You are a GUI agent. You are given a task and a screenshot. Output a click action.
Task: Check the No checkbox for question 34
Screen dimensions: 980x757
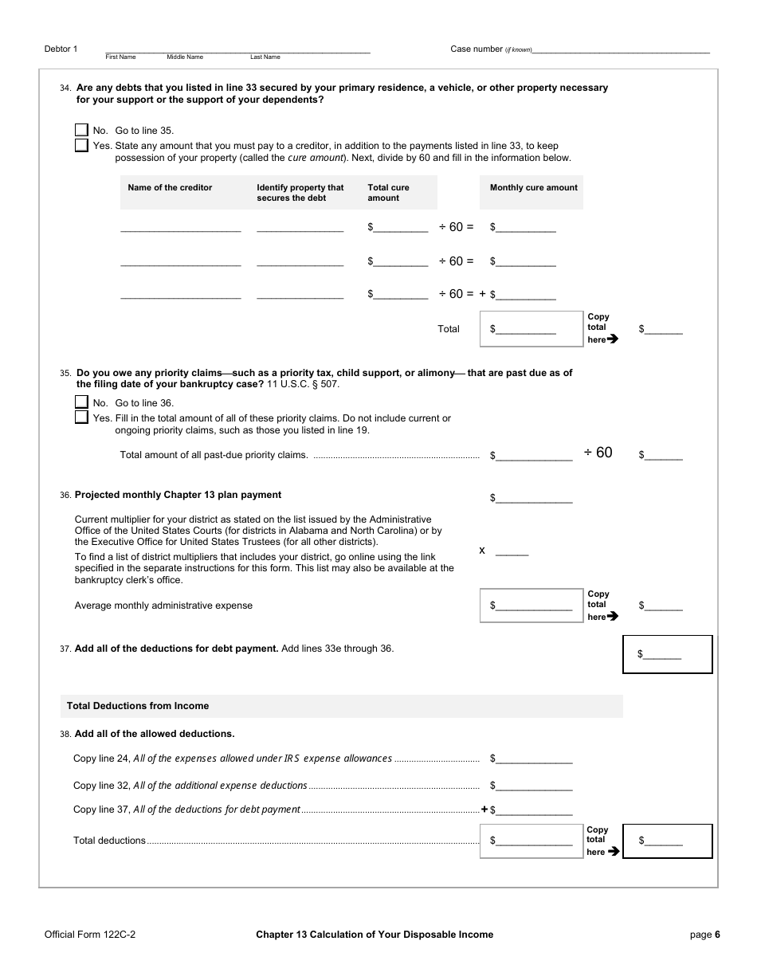click(81, 130)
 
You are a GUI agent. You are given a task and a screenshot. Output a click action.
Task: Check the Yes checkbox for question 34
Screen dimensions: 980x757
click(81, 146)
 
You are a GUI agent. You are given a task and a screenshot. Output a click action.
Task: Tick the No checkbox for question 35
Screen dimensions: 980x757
click(81, 402)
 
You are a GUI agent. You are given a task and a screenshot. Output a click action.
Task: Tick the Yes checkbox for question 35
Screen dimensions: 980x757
click(81, 417)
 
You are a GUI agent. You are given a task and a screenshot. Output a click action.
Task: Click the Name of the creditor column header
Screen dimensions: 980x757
click(170, 188)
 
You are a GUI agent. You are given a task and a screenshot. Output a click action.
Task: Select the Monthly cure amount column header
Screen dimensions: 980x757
click(533, 188)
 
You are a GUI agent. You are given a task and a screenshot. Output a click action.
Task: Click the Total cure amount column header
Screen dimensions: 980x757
click(388, 193)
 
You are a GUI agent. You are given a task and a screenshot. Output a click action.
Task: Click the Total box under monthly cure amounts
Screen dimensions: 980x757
click(531, 329)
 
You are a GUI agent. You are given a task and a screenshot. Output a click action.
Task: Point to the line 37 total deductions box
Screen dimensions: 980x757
click(666, 654)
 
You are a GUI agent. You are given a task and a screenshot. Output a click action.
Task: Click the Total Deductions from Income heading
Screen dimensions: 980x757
click(138, 706)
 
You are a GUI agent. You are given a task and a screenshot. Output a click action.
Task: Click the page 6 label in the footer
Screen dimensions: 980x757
click(704, 935)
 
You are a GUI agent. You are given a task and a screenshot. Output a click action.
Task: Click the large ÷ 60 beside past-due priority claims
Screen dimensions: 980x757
click(598, 453)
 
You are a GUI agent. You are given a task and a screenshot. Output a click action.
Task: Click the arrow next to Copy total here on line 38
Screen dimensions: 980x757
click(613, 852)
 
